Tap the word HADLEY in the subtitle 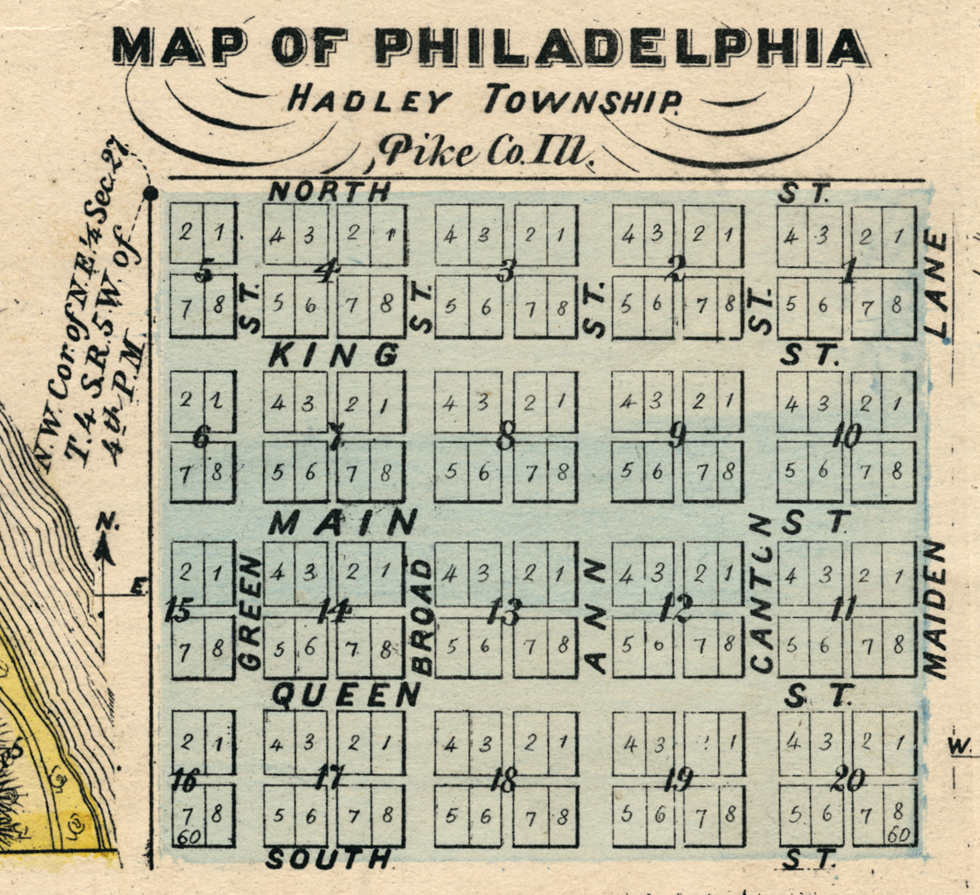coord(369,101)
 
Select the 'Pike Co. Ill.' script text coord(486,153)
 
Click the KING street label coord(334,356)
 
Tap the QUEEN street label coord(347,694)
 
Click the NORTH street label coord(329,192)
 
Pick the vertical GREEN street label coord(250,612)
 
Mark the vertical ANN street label coord(595,615)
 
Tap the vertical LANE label coord(936,285)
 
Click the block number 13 coord(503,613)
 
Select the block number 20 coord(849,779)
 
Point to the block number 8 coord(505,436)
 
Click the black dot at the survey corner coord(150,194)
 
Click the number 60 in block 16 coord(188,837)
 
